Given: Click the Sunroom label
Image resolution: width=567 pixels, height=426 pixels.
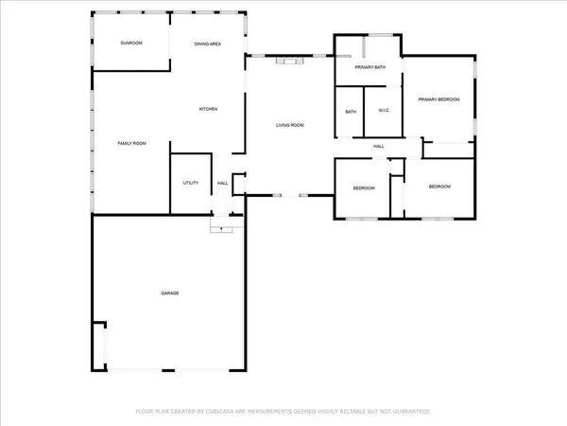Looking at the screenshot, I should pyautogui.click(x=130, y=44).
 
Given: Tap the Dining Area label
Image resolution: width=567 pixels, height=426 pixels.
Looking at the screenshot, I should pyautogui.click(x=208, y=44).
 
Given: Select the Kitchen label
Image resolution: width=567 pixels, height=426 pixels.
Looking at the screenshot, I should pyautogui.click(x=208, y=110).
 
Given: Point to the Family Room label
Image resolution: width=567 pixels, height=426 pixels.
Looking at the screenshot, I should pyautogui.click(x=131, y=143).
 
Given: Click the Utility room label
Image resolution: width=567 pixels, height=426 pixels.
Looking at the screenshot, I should pyautogui.click(x=190, y=183).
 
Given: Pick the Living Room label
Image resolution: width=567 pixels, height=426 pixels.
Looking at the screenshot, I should pyautogui.click(x=289, y=125).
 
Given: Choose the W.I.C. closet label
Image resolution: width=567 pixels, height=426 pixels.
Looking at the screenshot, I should pyautogui.click(x=384, y=112).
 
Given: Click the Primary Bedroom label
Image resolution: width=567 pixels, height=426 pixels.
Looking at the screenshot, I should pyautogui.click(x=439, y=99).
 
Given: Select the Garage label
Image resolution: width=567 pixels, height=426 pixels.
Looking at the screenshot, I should pyautogui.click(x=169, y=293).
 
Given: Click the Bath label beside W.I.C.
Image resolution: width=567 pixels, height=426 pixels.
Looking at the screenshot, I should pyautogui.click(x=351, y=112).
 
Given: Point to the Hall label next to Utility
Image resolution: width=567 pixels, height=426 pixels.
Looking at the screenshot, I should pyautogui.click(x=223, y=183).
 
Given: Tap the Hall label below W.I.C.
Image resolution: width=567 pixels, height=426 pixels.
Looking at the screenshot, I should pyautogui.click(x=378, y=146).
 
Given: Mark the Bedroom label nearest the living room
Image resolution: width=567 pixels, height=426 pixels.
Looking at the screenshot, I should pyautogui.click(x=364, y=188).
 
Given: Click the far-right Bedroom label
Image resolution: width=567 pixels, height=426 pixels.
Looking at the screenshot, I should pyautogui.click(x=439, y=186).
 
